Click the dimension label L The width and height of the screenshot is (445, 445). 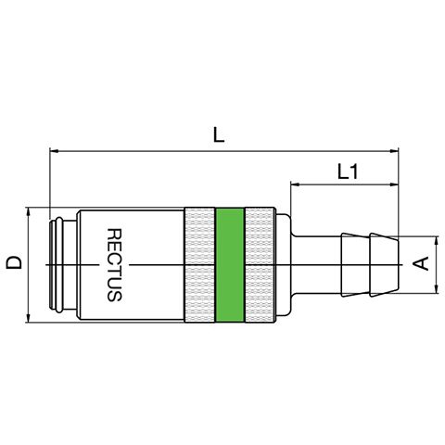tap(219, 135)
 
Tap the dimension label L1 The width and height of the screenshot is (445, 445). tap(348, 172)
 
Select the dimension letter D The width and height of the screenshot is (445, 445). tap(15, 262)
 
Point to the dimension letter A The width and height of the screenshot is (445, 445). tap(421, 263)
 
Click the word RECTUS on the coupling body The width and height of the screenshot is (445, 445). tap(114, 265)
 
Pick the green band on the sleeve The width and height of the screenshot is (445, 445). tap(230, 265)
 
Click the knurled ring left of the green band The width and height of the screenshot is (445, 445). tap(199, 265)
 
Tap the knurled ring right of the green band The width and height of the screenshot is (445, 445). tap(259, 265)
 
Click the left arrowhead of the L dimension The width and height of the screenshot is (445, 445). tap(54, 151)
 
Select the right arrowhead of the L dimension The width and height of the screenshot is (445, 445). tap(395, 151)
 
